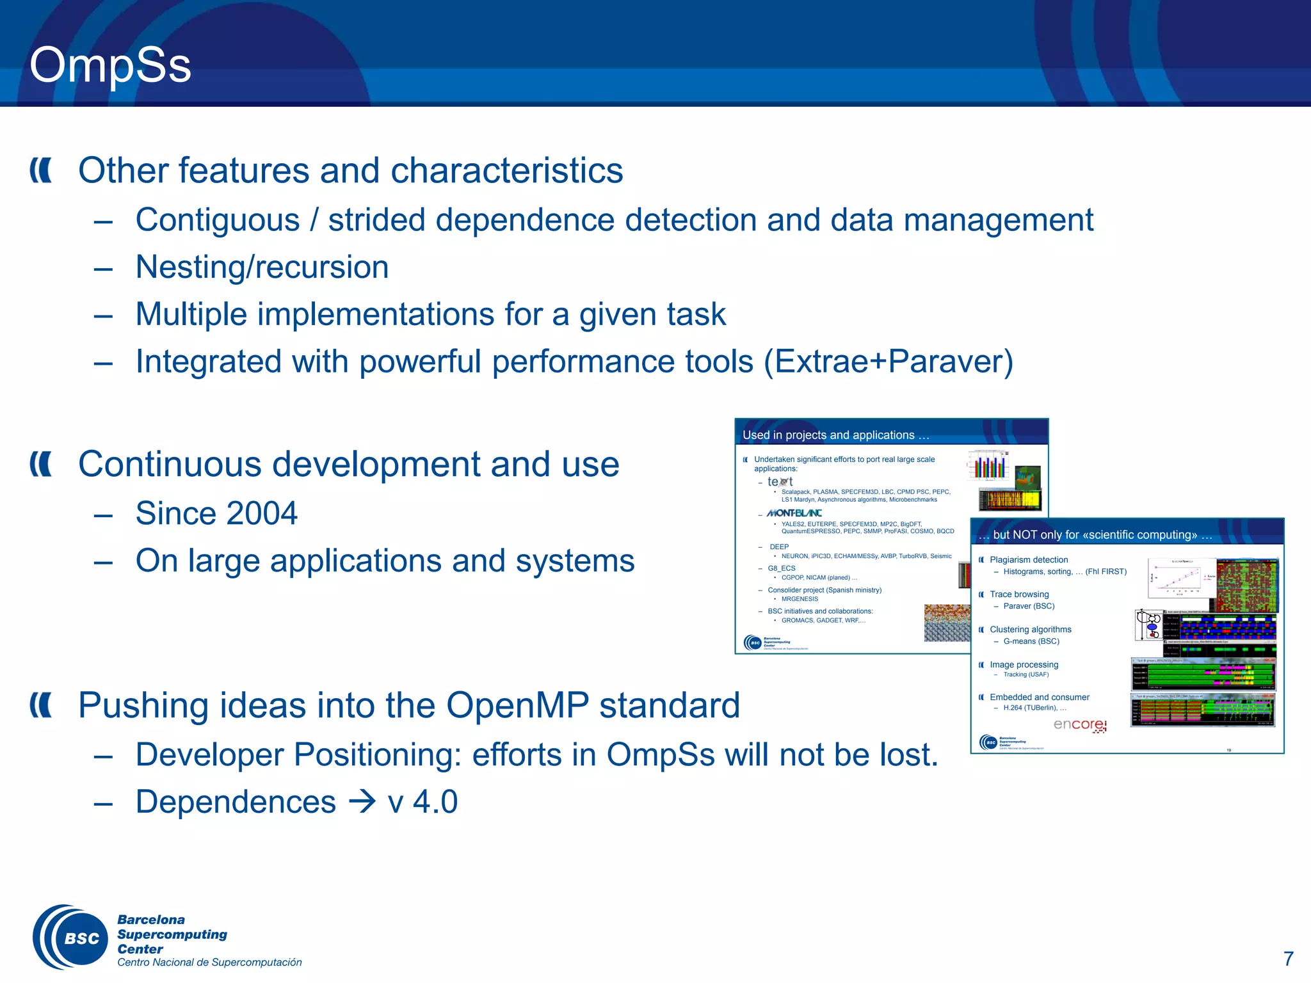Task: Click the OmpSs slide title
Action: [x=110, y=65]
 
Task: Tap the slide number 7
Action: [x=1288, y=958]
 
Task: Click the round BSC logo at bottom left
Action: [x=72, y=938]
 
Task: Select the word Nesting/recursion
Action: [x=262, y=267]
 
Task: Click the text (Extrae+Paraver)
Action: [x=889, y=362]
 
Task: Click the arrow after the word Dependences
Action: [x=362, y=802]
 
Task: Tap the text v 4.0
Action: [x=422, y=802]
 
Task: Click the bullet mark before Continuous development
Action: [x=41, y=464]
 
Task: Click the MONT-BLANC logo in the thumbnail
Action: [x=794, y=513]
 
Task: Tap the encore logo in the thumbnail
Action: [x=1080, y=724]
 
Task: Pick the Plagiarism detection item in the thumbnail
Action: [x=1028, y=559]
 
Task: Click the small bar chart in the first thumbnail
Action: [x=988, y=465]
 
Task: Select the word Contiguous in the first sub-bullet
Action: [x=218, y=220]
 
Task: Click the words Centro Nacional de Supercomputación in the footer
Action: [x=209, y=963]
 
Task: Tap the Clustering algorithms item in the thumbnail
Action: [x=1030, y=629]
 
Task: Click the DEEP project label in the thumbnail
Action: [x=779, y=547]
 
